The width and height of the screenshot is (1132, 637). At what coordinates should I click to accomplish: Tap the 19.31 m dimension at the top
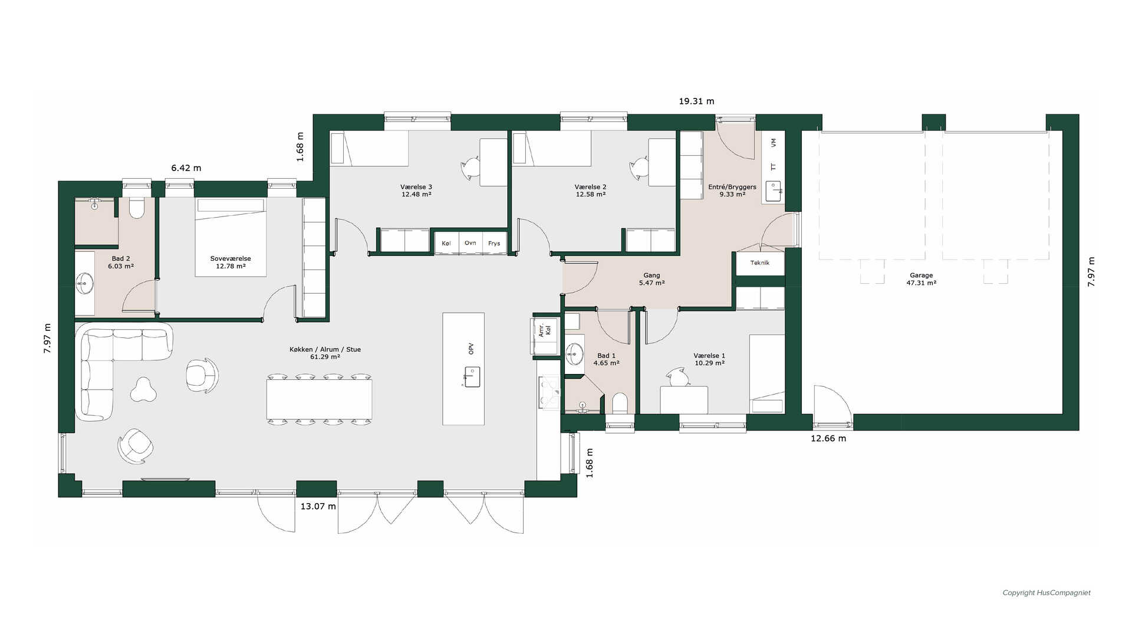coord(696,101)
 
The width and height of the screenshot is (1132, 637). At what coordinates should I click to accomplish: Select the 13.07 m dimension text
coord(318,506)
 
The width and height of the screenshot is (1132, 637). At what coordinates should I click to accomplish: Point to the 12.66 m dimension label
coord(828,438)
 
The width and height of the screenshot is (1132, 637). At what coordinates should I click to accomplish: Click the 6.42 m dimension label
coord(186,168)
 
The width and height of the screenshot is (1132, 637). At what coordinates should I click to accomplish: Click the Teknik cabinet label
coord(760,262)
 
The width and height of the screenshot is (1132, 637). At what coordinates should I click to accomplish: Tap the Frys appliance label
coord(494,243)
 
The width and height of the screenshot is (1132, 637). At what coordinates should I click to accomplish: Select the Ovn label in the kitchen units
coord(470,243)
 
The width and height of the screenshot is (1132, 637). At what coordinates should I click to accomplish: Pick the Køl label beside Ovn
coord(446,243)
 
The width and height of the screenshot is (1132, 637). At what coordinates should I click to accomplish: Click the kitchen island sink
coord(472,377)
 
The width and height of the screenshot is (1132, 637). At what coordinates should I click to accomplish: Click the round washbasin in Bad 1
coord(574,355)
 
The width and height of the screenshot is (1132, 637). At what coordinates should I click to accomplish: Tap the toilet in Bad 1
coord(620,404)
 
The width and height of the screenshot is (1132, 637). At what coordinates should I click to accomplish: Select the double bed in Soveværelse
coord(231,237)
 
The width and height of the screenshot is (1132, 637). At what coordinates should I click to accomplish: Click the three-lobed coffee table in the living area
coord(143,389)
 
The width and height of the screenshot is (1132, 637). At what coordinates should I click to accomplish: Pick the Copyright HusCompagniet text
coord(1047,593)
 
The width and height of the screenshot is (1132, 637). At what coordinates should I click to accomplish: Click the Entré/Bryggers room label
coord(732,191)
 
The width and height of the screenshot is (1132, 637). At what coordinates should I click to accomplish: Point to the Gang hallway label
coord(651,279)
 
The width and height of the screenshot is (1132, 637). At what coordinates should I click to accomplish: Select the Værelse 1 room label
coord(709,359)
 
